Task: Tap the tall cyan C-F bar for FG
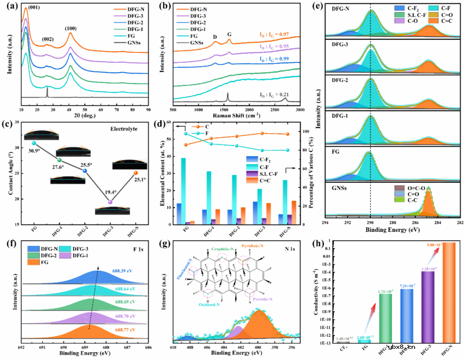click(x=171, y=191)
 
